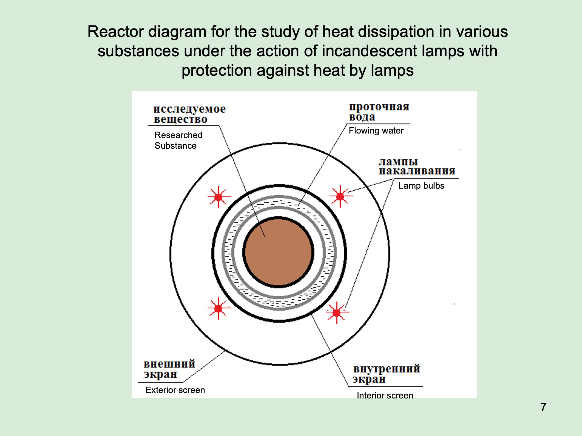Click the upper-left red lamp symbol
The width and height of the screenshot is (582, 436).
[218, 197]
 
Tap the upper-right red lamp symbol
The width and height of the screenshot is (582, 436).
[340, 196]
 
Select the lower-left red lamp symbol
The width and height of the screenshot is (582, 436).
[218, 308]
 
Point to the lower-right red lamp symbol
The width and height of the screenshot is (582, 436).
[337, 312]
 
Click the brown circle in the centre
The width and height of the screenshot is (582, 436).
[278, 252]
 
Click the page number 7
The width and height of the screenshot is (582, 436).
[543, 407]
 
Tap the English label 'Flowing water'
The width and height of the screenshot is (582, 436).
[376, 130]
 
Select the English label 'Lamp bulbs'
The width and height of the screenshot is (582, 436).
[421, 186]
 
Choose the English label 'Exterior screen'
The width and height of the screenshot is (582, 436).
[175, 390]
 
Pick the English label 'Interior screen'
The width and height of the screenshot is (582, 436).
[385, 395]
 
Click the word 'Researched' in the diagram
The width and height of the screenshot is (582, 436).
[178, 135]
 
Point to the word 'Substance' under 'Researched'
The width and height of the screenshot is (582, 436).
[175, 146]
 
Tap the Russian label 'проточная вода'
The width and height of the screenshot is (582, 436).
[379, 111]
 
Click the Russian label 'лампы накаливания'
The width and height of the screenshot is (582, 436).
[416, 166]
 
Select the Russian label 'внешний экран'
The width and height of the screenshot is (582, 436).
[169, 369]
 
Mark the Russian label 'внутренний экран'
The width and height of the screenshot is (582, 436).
[386, 374]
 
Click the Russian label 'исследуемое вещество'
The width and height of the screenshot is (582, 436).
[189, 114]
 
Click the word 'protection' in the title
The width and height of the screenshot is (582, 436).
[217, 70]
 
